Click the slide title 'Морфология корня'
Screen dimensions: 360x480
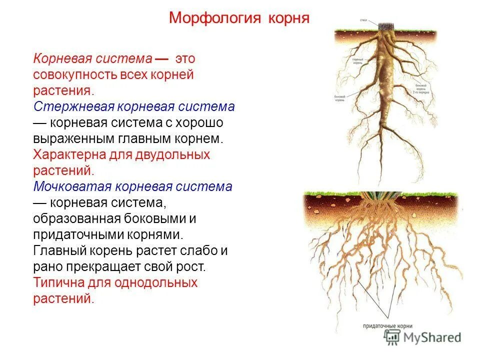tap(239, 18)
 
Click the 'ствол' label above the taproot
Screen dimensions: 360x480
tap(363, 20)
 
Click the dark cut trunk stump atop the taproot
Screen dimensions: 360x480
tap(385, 26)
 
